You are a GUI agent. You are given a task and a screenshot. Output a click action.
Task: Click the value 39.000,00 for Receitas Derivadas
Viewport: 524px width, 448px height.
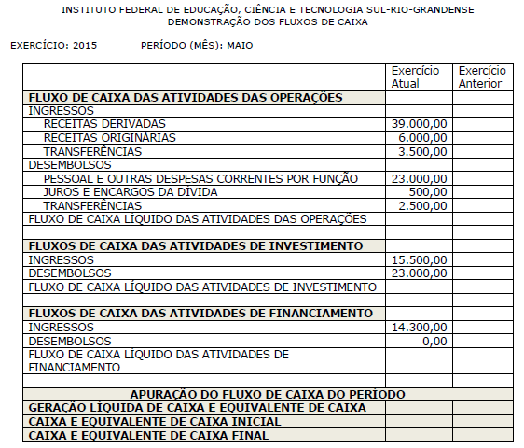point(420,123)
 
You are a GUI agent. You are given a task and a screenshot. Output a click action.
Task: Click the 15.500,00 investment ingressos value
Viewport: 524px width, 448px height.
point(420,259)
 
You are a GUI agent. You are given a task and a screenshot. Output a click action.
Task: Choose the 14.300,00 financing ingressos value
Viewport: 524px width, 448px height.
point(420,328)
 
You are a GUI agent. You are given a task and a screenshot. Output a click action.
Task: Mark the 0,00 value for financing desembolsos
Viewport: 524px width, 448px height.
point(434,342)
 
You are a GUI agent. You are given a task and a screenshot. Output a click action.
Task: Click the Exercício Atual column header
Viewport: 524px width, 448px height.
point(416,77)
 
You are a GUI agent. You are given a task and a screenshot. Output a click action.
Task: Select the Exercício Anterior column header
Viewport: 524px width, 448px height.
point(481,77)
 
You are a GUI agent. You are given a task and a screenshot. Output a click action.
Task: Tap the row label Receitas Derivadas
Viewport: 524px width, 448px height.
point(104,123)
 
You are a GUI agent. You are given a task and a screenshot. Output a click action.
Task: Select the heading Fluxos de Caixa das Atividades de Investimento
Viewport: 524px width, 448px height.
point(196,246)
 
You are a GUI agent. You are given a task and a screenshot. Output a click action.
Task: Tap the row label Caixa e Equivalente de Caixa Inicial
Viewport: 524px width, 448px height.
point(155,421)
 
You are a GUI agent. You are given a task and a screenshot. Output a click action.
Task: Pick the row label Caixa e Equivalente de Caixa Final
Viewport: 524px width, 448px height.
point(149,435)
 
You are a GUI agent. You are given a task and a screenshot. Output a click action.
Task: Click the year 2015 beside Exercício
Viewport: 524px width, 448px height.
point(83,45)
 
